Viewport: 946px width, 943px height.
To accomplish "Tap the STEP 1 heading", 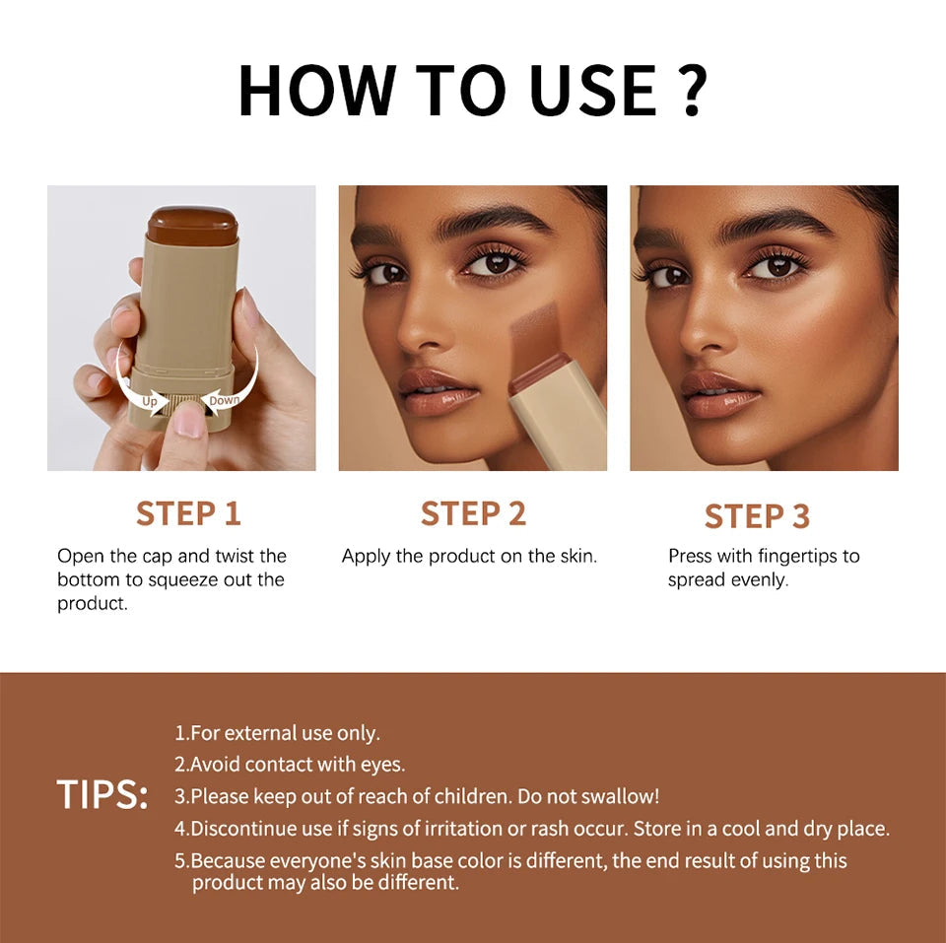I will point(188,513).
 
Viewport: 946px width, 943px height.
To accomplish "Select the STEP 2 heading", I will point(473,513).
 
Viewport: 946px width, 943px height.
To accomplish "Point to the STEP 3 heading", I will point(757,516).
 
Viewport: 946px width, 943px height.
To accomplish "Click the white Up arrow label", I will point(149,401).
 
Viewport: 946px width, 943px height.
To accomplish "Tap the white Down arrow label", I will point(225,399).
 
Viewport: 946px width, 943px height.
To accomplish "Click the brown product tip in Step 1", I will point(192,224).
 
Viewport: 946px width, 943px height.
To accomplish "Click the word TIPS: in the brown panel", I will point(102,795).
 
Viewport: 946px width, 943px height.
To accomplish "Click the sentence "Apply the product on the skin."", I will point(469,556).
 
